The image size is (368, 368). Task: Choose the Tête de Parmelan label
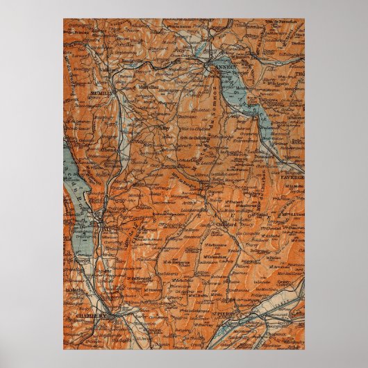point(287,22)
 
